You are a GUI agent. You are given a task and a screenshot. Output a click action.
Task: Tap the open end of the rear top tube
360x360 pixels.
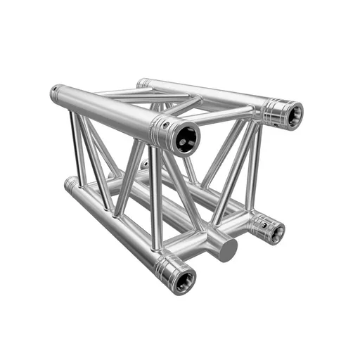coord(289,114)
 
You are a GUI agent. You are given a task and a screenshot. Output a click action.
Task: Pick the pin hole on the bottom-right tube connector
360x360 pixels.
coord(257,221)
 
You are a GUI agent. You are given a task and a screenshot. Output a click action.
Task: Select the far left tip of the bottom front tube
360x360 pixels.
coord(68,184)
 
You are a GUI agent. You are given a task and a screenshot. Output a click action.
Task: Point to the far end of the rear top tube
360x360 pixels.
coord(142,84)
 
